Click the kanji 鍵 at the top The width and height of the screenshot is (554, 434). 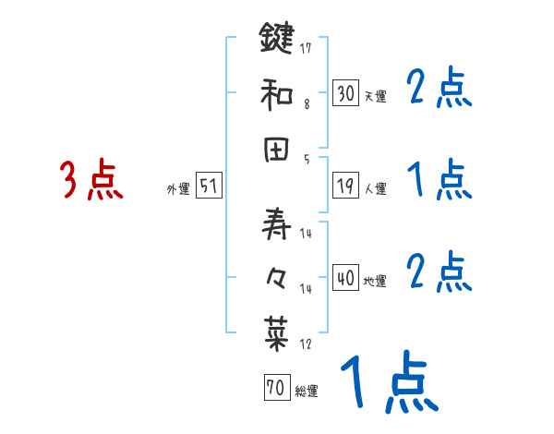pyautogui.click(x=276, y=40)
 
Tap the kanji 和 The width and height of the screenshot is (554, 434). pyautogui.click(x=276, y=93)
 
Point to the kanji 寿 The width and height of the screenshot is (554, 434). pyautogui.click(x=276, y=223)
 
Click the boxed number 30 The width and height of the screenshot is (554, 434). pyautogui.click(x=346, y=93)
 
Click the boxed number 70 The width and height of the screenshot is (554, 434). pyautogui.click(x=275, y=389)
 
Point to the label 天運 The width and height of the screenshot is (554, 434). pyautogui.click(x=375, y=96)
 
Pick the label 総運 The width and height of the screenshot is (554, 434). pyautogui.click(x=306, y=392)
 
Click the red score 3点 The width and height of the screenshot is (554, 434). pyautogui.click(x=91, y=180)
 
